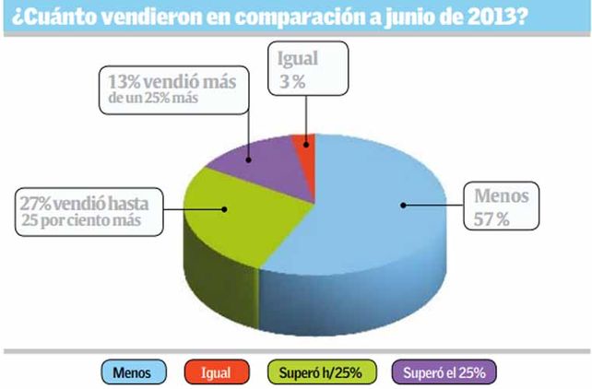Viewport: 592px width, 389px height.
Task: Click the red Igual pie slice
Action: [302, 151]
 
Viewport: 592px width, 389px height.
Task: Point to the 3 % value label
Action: [294, 79]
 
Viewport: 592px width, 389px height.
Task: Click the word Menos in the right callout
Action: [500, 195]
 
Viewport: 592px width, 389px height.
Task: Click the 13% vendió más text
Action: [170, 81]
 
